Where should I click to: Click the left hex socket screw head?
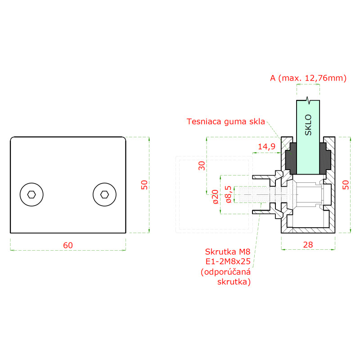click(x=31, y=194)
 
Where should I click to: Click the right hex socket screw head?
click(x=104, y=194)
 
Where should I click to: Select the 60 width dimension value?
click(x=67, y=245)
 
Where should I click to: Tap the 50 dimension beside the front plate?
click(x=144, y=184)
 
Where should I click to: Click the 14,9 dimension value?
click(x=266, y=146)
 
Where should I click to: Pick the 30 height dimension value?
click(x=202, y=165)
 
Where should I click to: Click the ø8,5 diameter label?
click(x=228, y=194)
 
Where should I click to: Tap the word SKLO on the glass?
click(x=308, y=125)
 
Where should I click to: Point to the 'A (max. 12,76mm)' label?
click(x=308, y=78)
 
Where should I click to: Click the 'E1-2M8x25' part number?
click(x=227, y=261)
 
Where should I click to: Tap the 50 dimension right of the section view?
click(x=345, y=184)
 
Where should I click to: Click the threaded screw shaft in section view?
click(x=254, y=195)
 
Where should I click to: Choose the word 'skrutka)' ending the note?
click(x=234, y=282)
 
